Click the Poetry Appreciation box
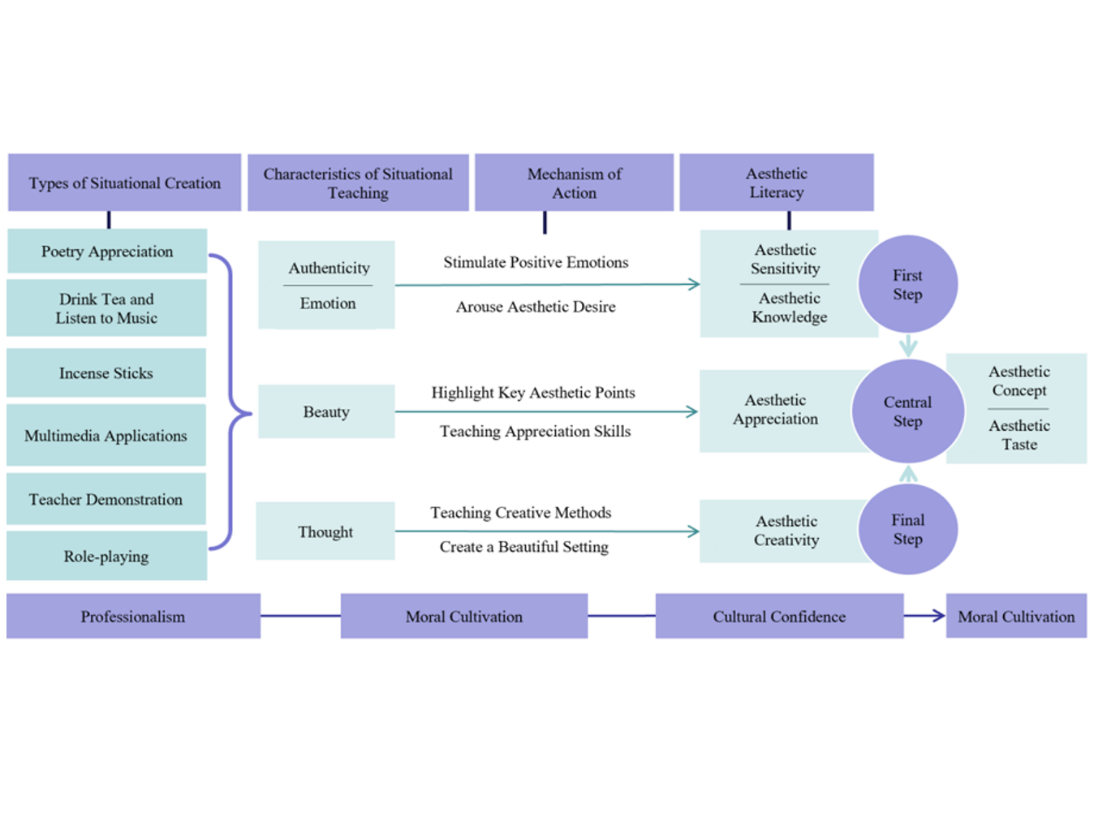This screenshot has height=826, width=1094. click(107, 252)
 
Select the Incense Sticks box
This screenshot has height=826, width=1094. click(106, 373)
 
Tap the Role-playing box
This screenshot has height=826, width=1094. click(106, 557)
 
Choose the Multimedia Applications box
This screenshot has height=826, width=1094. click(106, 436)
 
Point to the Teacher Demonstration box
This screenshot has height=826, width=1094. click(106, 500)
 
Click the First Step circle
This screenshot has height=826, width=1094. click(907, 285)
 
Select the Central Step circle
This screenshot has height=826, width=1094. click(907, 411)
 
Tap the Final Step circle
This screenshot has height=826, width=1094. click(907, 530)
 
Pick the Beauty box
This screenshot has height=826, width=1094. click(326, 412)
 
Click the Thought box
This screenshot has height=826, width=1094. click(325, 531)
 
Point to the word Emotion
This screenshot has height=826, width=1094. click(328, 303)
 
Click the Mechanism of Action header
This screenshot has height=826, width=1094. click(574, 183)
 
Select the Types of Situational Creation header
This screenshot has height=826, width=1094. click(125, 183)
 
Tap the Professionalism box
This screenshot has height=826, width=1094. click(133, 617)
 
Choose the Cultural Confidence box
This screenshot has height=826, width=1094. click(779, 617)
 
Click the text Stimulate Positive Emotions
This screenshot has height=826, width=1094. click(536, 263)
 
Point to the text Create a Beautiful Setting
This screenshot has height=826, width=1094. click(524, 547)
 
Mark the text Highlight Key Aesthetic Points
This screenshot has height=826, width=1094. click(533, 393)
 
